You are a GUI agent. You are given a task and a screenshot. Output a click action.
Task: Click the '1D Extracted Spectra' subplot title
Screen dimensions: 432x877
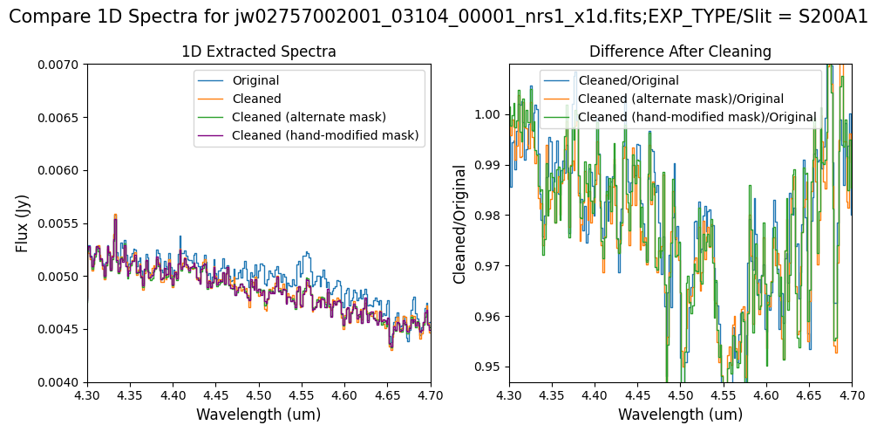click(x=259, y=52)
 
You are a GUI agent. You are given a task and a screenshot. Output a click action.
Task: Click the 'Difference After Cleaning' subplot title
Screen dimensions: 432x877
click(x=680, y=52)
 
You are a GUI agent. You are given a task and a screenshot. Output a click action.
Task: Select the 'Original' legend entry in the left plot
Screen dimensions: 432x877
click(x=257, y=82)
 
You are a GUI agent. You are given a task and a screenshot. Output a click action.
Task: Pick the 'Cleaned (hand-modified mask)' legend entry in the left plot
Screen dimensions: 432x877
click(x=325, y=135)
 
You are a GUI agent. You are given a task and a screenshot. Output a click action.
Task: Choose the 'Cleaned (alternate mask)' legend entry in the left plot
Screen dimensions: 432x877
click(x=309, y=117)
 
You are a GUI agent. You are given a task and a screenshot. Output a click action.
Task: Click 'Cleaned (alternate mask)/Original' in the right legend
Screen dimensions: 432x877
click(x=681, y=99)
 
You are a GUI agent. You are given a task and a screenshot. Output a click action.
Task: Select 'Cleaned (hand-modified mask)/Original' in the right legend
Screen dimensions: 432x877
click(x=697, y=117)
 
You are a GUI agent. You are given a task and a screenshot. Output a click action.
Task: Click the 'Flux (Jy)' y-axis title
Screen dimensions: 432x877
click(x=23, y=223)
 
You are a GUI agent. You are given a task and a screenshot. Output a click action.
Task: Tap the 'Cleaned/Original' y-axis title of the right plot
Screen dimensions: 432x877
click(x=459, y=223)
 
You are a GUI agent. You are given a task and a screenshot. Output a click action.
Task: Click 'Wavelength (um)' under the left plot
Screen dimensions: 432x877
click(x=258, y=415)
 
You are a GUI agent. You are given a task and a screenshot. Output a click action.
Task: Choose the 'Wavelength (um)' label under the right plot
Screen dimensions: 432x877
click(x=680, y=415)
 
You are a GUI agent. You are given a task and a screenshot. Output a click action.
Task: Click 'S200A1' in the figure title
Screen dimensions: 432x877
click(x=835, y=17)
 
